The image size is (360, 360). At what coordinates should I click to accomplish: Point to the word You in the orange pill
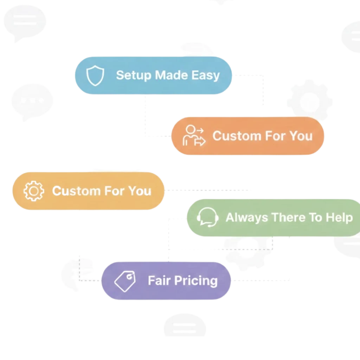300,136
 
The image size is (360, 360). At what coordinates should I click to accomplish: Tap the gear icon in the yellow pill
34,191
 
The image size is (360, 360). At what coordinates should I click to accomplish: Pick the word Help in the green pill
339,217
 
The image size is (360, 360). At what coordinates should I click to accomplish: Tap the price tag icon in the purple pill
125,281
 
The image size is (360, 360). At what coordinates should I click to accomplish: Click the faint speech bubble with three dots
32,101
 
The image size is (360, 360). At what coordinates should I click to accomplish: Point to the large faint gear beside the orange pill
309,101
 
